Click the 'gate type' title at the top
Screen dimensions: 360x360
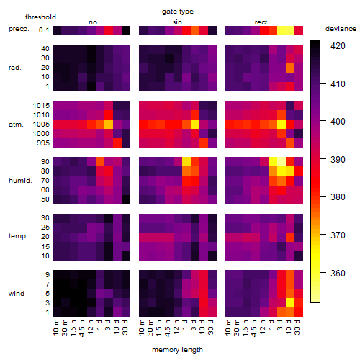tap(178, 12)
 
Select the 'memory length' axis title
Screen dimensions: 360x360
tap(177, 350)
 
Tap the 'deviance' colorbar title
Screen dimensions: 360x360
tap(341, 29)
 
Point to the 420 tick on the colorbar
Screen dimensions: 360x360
tap(338, 45)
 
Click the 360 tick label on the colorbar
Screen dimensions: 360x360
tap(338, 273)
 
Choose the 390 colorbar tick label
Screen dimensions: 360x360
tap(338, 159)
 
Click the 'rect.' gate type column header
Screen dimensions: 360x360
tap(262, 22)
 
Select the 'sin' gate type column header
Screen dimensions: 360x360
tap(177, 22)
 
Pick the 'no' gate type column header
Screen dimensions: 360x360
tap(93, 22)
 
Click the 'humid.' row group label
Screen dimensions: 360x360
tap(20, 181)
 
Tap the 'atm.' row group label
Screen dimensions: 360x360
tap(16, 125)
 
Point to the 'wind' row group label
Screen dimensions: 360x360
tap(17, 294)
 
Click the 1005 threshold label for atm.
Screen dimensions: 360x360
tap(41, 125)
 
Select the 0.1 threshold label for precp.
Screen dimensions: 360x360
tap(44, 30)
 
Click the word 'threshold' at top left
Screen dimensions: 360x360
tap(40, 17)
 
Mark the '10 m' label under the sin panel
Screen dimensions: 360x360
tap(143, 327)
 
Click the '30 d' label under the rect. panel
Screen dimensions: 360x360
tap(297, 327)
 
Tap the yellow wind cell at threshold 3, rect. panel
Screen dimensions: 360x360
tap(290, 302)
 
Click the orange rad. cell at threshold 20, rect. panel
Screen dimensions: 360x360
tap(290, 68)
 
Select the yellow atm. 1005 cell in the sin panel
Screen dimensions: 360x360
tap(195, 124)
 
